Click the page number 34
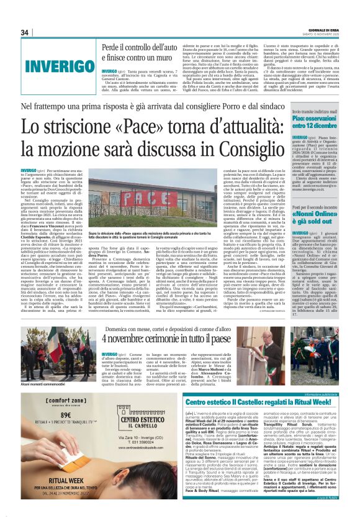[25, 32]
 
